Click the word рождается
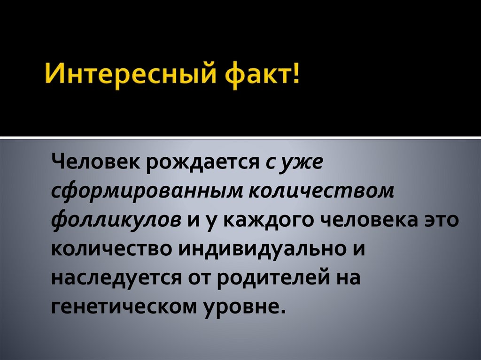202,164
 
